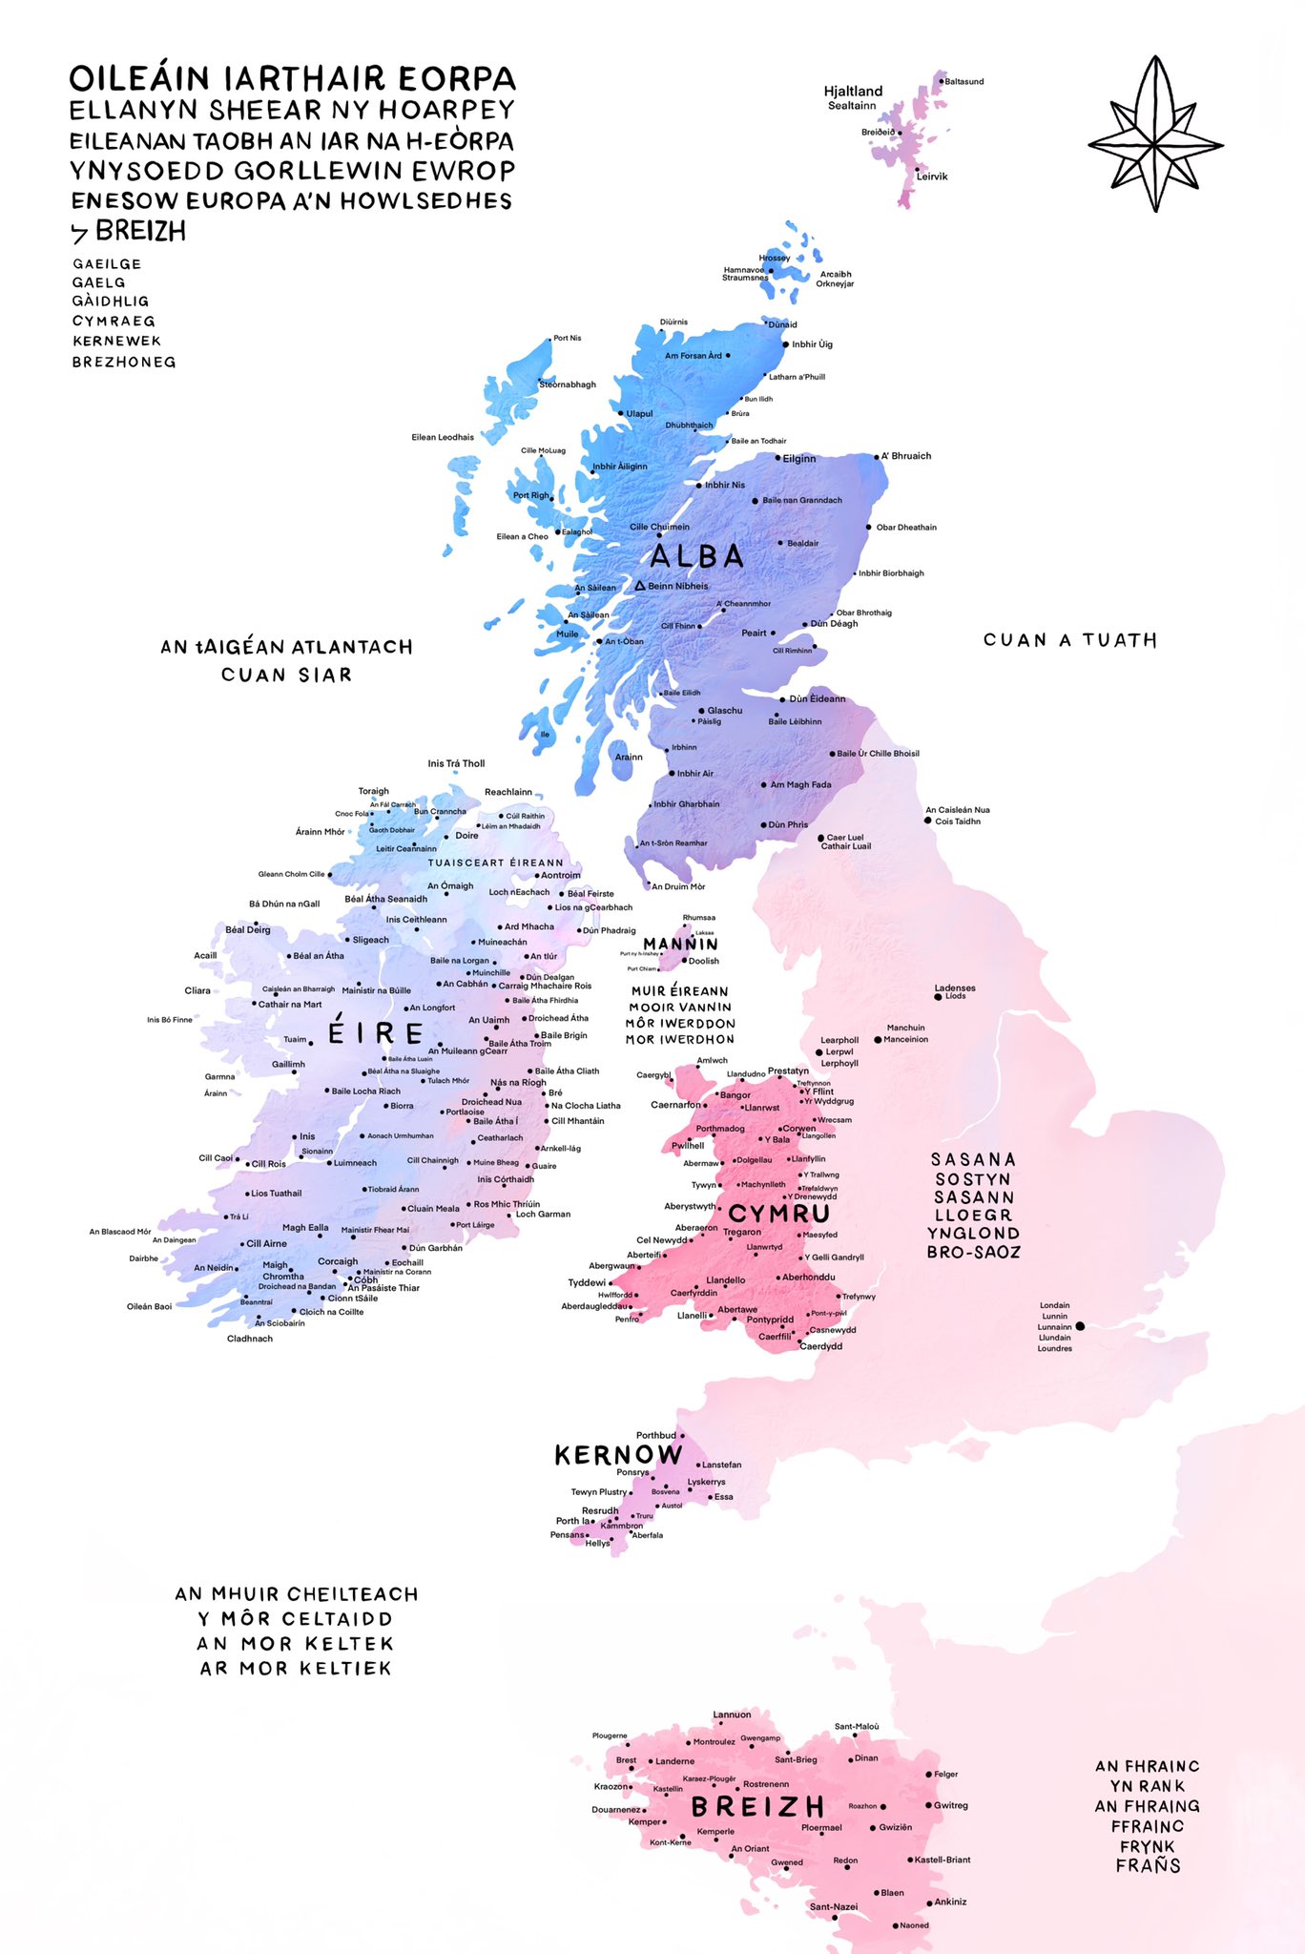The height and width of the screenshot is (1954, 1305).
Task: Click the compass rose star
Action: tap(1155, 135)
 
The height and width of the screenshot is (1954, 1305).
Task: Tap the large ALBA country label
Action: tap(696, 556)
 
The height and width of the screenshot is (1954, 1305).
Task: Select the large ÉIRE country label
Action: tap(376, 1033)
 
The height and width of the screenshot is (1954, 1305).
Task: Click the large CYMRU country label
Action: tap(779, 1214)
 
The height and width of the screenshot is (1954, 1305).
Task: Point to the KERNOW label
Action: tap(618, 1455)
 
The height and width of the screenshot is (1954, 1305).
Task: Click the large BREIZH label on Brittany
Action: tap(757, 1807)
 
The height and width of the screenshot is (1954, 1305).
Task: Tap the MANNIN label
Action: tap(680, 944)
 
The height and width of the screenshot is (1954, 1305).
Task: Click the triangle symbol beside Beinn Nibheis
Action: tap(640, 585)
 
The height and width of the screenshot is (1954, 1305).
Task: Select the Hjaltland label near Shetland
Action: tap(853, 92)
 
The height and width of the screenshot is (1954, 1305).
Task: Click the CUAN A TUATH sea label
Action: tap(1069, 640)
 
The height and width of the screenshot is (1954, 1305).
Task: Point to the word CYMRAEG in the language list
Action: tap(114, 322)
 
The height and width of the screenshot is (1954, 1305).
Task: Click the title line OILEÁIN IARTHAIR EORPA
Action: tap(292, 78)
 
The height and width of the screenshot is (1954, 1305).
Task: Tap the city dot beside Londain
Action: tap(1080, 1326)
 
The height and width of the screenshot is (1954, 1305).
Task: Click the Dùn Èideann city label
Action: tap(817, 698)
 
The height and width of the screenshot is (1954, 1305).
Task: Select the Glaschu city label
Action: tap(724, 710)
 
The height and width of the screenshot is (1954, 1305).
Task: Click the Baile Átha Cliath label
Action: tap(567, 1071)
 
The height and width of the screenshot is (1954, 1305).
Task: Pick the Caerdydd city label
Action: tap(820, 1346)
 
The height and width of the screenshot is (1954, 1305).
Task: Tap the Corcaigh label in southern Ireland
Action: tap(338, 1261)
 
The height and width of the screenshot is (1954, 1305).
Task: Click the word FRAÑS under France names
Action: tap(1148, 1865)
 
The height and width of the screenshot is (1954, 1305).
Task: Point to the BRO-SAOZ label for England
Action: tap(973, 1252)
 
